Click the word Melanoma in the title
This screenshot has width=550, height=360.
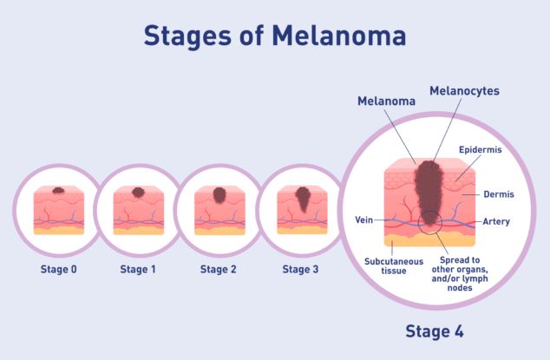click(x=339, y=36)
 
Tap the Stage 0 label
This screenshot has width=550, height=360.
click(x=59, y=269)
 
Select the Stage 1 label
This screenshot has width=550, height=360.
click(x=137, y=269)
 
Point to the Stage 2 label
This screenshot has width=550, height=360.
click(x=218, y=269)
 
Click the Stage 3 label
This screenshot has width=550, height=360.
click(x=300, y=269)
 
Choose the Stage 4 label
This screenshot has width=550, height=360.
click(x=435, y=331)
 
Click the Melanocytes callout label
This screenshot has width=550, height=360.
click(x=464, y=91)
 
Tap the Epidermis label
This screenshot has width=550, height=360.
click(x=481, y=150)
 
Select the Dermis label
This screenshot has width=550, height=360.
click(x=499, y=194)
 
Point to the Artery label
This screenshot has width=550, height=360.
click(x=496, y=221)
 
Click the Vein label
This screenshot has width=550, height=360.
click(x=363, y=219)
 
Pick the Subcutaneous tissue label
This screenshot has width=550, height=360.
click(x=394, y=266)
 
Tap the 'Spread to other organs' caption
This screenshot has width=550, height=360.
click(x=460, y=273)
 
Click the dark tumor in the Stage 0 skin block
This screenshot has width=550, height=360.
click(x=58, y=190)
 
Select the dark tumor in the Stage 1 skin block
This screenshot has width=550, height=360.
click(x=138, y=192)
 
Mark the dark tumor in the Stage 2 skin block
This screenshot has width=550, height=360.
click(x=219, y=194)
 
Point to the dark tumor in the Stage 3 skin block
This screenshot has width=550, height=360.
click(x=302, y=199)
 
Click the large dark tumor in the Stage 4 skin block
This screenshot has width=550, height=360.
click(x=429, y=192)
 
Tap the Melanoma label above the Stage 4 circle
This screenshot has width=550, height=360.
click(x=386, y=101)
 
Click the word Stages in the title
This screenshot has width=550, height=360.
click(x=187, y=36)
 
